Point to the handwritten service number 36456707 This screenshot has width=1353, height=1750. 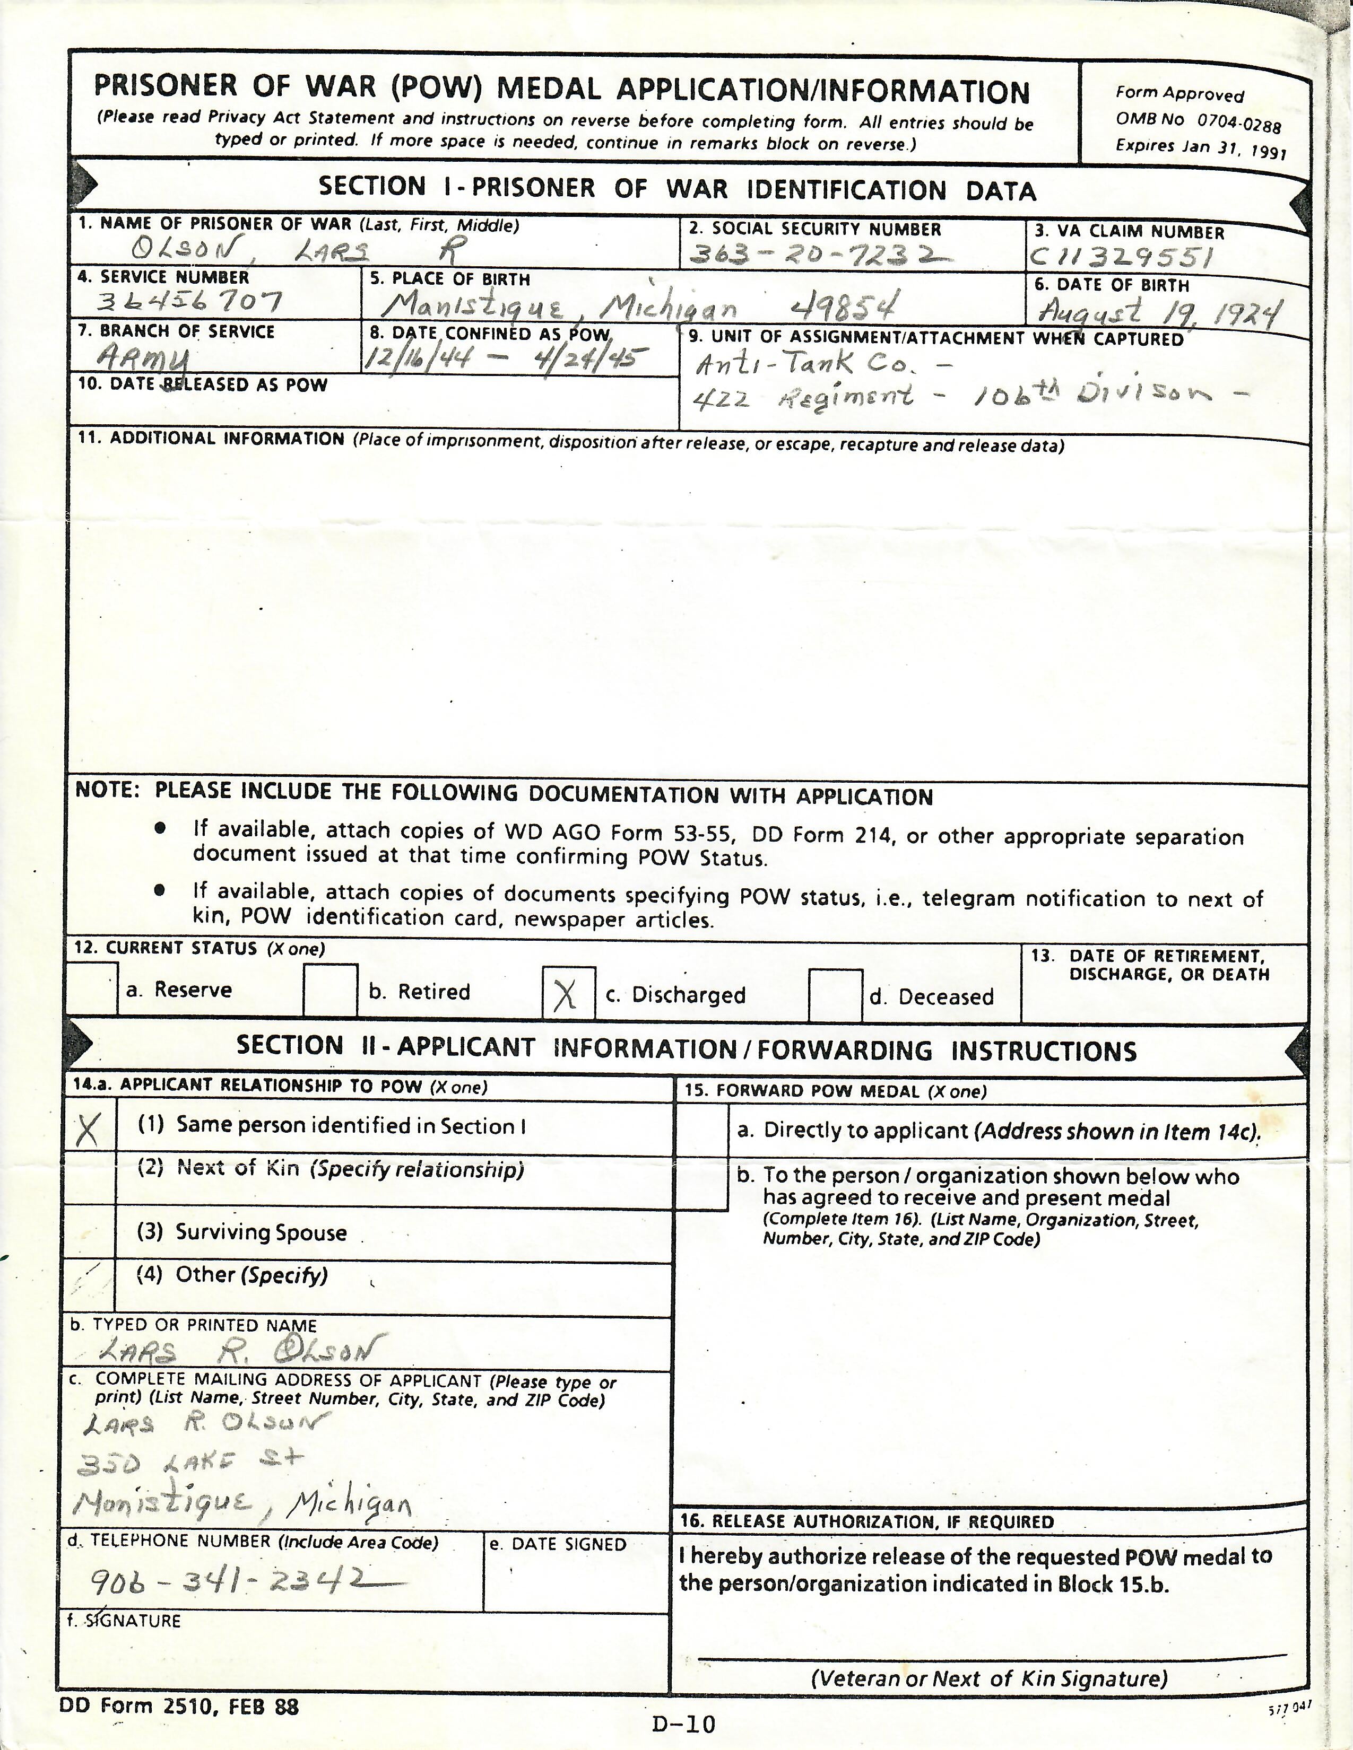(x=189, y=302)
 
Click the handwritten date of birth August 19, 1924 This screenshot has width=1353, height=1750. (x=1160, y=311)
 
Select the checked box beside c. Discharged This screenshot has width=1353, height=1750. (x=568, y=994)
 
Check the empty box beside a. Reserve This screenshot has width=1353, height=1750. (x=91, y=989)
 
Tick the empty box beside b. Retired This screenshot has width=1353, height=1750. (x=329, y=991)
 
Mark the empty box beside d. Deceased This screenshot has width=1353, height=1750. (x=835, y=995)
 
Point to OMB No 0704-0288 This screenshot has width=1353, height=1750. (x=1198, y=122)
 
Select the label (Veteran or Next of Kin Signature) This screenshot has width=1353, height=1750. (x=989, y=1678)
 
